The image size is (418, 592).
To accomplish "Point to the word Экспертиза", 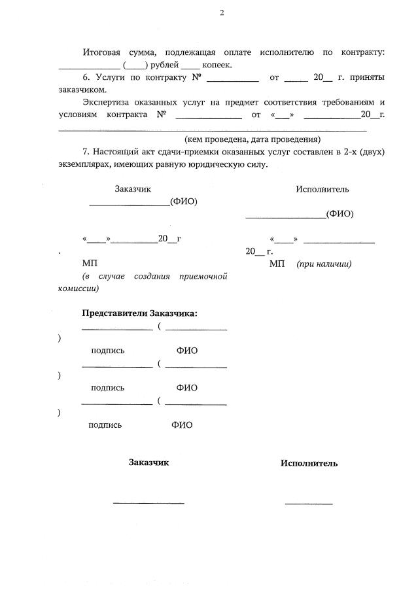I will pos(108,102).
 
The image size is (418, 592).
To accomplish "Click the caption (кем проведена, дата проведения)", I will pos(252,139).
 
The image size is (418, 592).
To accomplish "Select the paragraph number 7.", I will pos(85,152).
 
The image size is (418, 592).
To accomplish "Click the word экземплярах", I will pos(82,164).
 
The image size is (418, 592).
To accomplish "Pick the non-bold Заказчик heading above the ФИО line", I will pos(133,189).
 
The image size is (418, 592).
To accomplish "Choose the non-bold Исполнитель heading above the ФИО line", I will pos(322,189).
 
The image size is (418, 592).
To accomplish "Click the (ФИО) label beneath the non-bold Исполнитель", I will pos(340,213).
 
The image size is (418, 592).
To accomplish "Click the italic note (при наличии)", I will pos(324,264).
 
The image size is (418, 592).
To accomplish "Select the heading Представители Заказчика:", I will pos(139,313).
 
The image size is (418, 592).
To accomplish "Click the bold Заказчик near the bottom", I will pos(148,462).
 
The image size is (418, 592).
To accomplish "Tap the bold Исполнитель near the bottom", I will pos(309,463).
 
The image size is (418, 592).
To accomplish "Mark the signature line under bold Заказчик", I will pos(148,502).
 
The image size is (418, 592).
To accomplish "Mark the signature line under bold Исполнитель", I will pos(309,503).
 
